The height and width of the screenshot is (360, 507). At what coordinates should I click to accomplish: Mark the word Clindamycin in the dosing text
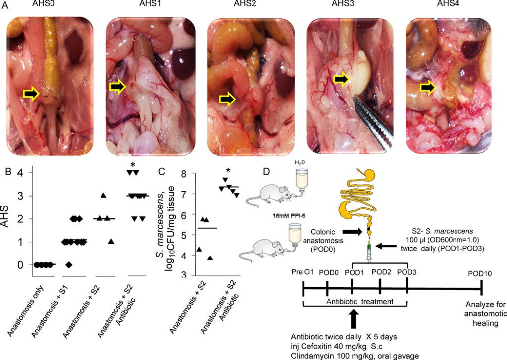point(313,355)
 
